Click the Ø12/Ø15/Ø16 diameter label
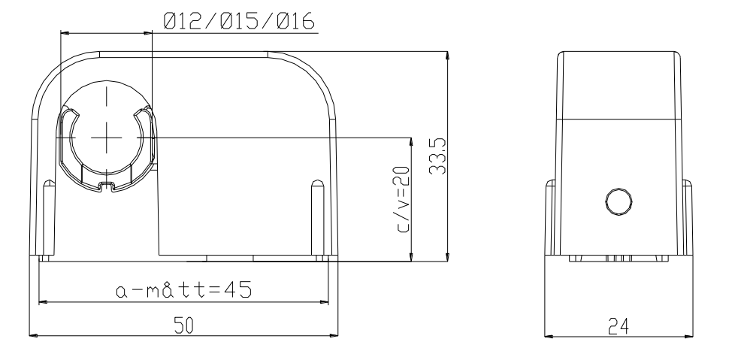[239, 22]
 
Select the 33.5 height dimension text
[438, 156]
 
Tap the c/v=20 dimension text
[402, 200]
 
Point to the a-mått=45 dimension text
[183, 289]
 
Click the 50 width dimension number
[183, 325]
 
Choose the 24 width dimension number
[619, 325]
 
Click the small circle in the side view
[619, 201]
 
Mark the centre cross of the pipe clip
[107, 138]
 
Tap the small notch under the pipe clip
[107, 186]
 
